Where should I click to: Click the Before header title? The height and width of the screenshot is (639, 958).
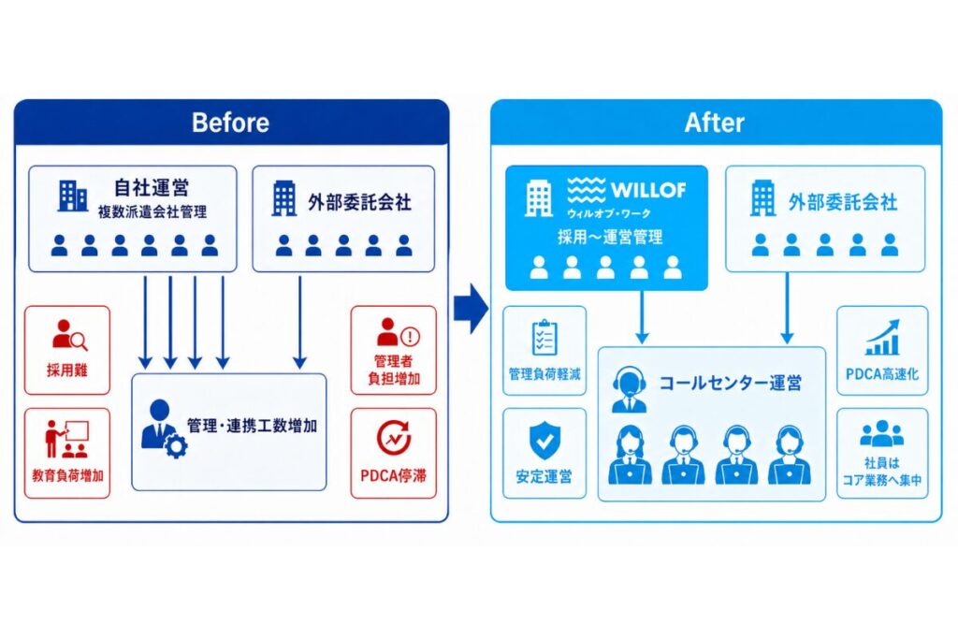230,123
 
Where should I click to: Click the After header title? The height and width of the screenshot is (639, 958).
714,123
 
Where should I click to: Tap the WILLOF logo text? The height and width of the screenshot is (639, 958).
648,190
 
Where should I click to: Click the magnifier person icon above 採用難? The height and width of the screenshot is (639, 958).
69,334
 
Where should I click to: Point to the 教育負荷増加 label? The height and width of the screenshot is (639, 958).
67,475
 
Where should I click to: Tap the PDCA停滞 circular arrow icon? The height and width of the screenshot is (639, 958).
394,438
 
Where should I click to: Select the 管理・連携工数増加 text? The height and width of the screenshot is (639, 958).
252,426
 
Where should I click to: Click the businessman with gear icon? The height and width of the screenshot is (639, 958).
163,428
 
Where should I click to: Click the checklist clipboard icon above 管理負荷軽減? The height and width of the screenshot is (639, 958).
544,337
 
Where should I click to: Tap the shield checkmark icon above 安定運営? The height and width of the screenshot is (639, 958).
544,440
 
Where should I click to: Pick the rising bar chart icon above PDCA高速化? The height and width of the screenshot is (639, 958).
882,337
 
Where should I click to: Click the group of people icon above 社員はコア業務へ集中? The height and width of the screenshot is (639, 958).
881,434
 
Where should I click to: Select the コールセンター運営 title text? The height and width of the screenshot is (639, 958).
730,383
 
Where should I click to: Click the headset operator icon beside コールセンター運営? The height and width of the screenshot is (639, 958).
630,389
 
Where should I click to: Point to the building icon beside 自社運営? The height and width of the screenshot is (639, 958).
73,196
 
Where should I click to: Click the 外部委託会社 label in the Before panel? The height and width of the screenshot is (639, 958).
359,202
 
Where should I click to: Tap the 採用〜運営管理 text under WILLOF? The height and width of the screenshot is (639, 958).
610,237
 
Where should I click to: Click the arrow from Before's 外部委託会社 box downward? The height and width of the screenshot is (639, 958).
299,322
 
